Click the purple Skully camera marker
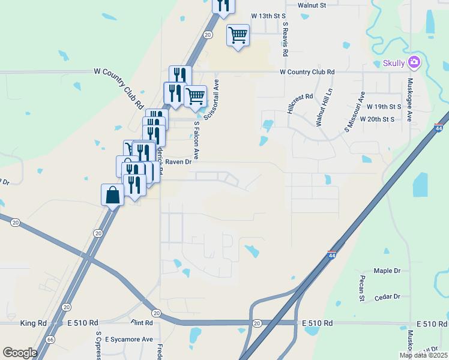[x=414, y=62]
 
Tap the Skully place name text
[x=394, y=64]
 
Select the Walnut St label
[x=312, y=5]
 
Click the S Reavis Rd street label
[x=285, y=40]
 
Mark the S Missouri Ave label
[x=354, y=112]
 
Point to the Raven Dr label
[x=178, y=161]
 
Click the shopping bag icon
[x=113, y=194]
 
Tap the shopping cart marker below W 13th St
[x=238, y=35]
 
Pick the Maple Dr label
[x=387, y=271]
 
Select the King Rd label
[x=34, y=323]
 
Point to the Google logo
[x=20, y=352]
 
